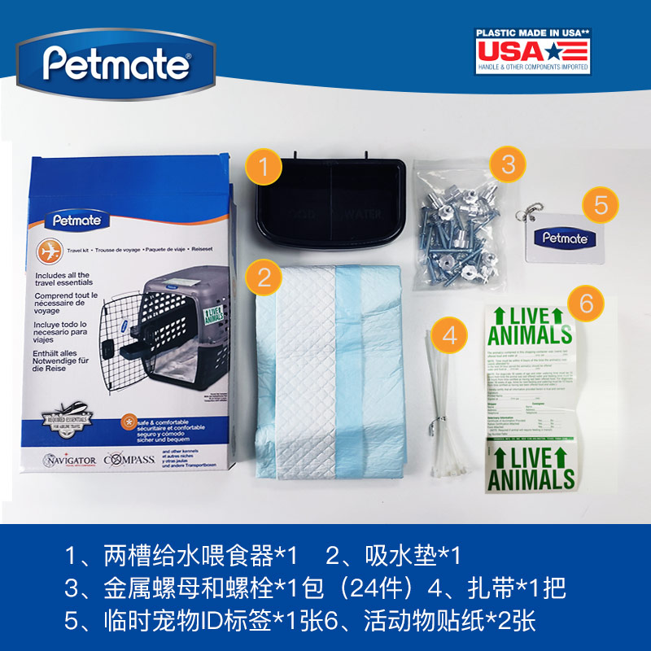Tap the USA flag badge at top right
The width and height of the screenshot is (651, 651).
pyautogui.click(x=532, y=50)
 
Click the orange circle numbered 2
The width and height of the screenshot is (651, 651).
pyautogui.click(x=264, y=277)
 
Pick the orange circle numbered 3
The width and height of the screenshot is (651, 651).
pyautogui.click(x=509, y=164)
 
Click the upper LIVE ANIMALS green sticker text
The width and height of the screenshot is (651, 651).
pyautogui.click(x=530, y=325)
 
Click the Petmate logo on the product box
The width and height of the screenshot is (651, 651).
pyautogui.click(x=76, y=218)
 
